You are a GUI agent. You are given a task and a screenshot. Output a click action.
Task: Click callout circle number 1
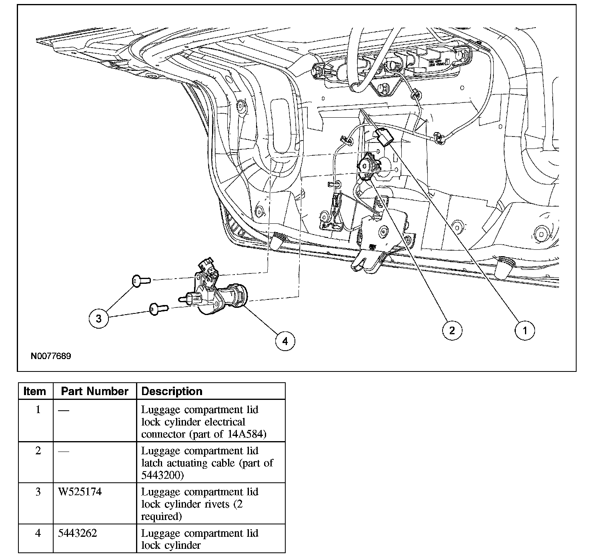tap(524, 330)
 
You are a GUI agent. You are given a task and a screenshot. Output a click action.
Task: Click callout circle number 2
tap(452, 330)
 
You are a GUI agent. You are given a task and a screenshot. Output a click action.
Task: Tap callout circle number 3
tap(99, 318)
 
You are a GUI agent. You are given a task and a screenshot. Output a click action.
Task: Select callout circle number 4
tap(285, 341)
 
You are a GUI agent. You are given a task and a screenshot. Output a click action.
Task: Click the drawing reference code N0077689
tap(51, 356)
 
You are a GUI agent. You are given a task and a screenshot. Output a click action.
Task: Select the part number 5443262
tap(78, 533)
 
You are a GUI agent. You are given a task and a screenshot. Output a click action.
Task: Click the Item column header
tap(35, 391)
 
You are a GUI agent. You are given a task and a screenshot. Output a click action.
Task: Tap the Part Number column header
tap(94, 391)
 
